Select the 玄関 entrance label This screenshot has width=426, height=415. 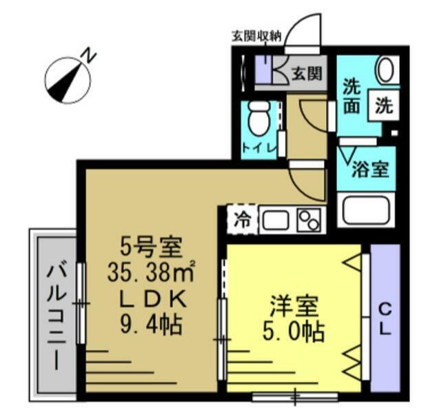[305, 71]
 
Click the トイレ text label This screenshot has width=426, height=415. [258, 148]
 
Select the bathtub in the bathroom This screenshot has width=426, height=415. [366, 209]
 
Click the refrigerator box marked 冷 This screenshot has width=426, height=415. [241, 219]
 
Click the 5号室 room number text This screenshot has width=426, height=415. [145, 245]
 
